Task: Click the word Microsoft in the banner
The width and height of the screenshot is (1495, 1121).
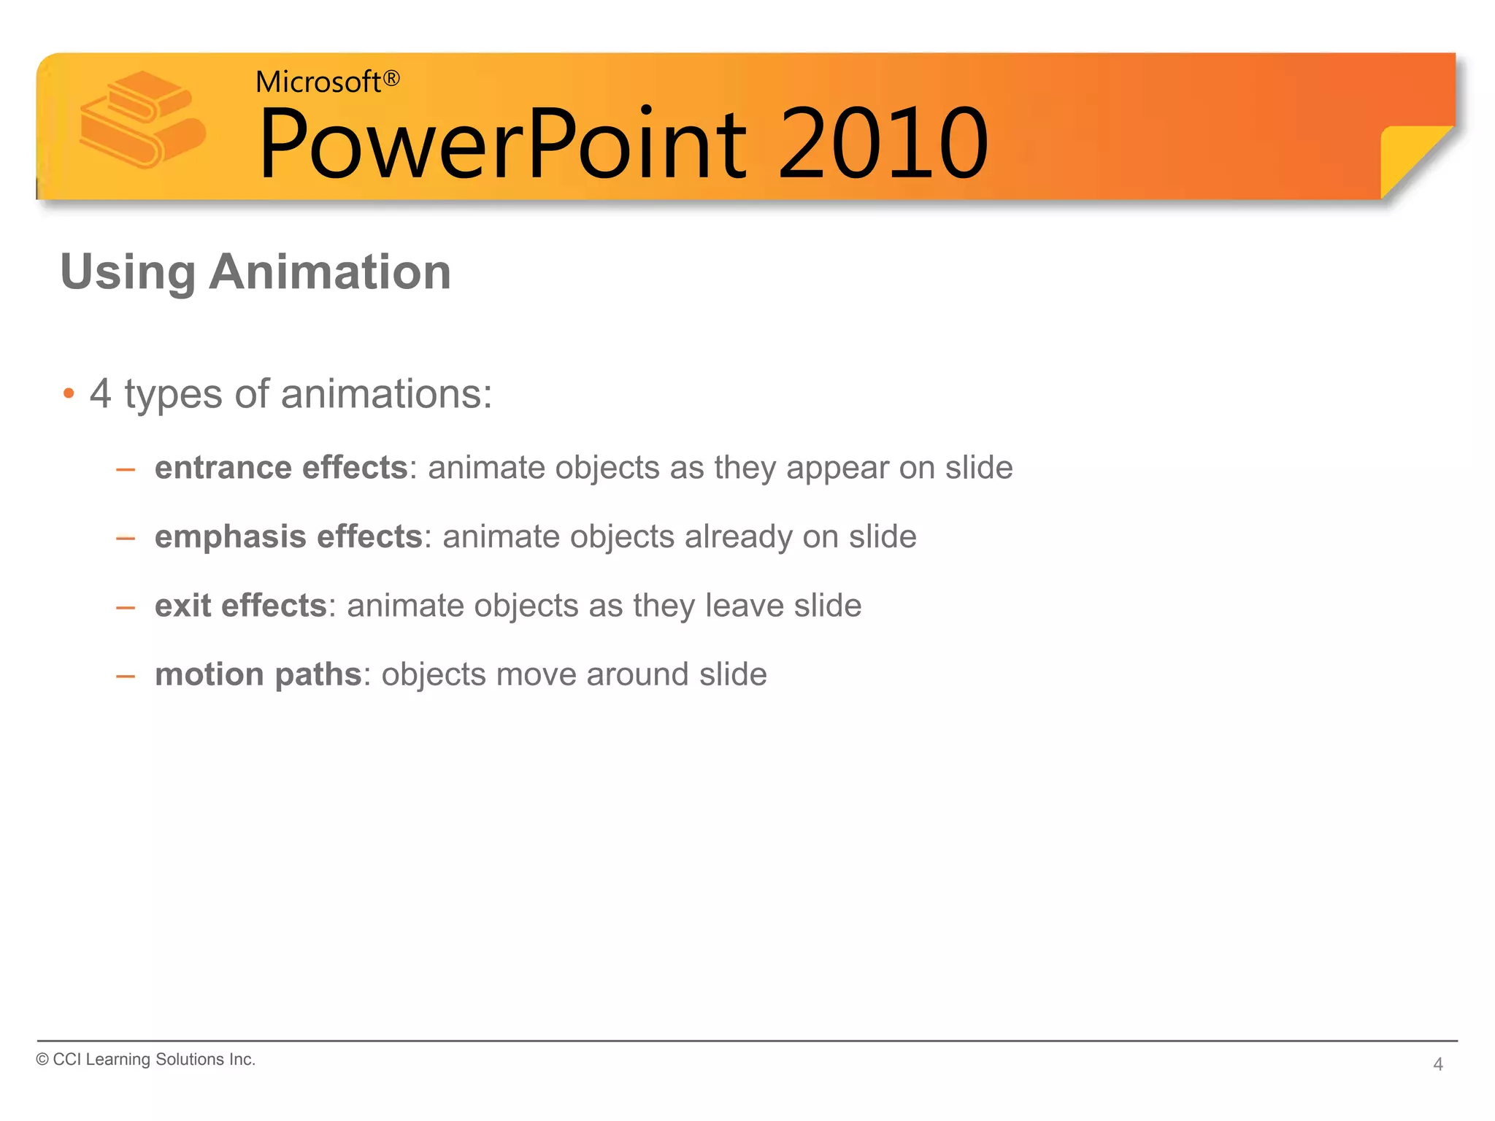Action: pyautogui.click(x=318, y=82)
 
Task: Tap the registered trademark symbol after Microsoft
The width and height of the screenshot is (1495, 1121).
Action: pyautogui.click(x=392, y=78)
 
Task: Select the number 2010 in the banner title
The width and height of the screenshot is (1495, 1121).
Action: pyautogui.click(x=883, y=143)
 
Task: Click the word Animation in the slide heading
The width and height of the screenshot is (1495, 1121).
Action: pyautogui.click(x=330, y=272)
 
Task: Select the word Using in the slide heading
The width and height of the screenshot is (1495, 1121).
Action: pyautogui.click(x=128, y=272)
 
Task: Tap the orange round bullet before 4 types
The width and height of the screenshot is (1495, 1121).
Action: pyautogui.click(x=69, y=394)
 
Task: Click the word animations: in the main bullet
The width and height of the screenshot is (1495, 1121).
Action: pyautogui.click(x=386, y=394)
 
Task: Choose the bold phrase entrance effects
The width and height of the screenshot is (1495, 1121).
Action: pyautogui.click(x=281, y=468)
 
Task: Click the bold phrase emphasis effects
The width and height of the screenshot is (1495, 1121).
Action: pyautogui.click(x=288, y=537)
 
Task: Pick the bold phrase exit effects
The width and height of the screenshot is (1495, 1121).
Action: pyautogui.click(x=240, y=606)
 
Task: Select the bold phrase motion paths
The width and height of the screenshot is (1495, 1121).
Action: pyautogui.click(x=258, y=674)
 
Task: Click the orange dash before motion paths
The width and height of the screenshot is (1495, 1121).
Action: pyautogui.click(x=126, y=676)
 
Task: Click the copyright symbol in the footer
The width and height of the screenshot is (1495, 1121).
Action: pyautogui.click(x=42, y=1060)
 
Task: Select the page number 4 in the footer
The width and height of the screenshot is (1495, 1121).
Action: pyautogui.click(x=1437, y=1064)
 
